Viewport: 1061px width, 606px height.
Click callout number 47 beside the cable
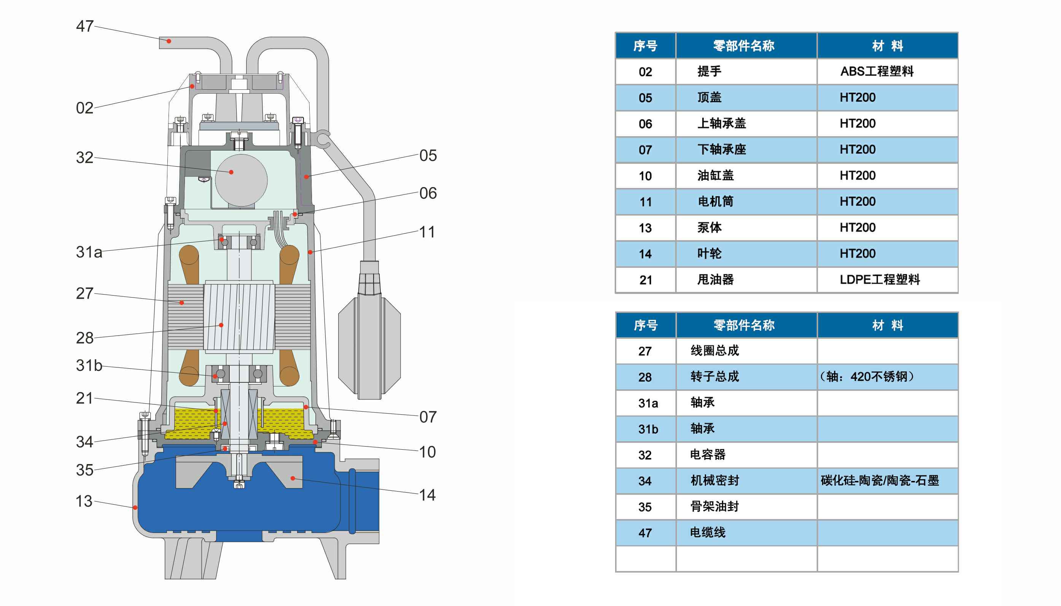pyautogui.click(x=84, y=26)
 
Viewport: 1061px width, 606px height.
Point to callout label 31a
pyautogui.click(x=89, y=252)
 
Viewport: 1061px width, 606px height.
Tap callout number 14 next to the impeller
pyautogui.click(x=427, y=495)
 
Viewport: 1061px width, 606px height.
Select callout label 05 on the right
pyautogui.click(x=428, y=156)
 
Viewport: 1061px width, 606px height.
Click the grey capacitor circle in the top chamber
pyautogui.click(x=241, y=180)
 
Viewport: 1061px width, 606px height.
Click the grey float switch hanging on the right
pyautogui.click(x=369, y=345)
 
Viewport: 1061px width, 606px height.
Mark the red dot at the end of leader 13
pyautogui.click(x=135, y=507)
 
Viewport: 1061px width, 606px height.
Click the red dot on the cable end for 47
pyautogui.click(x=169, y=41)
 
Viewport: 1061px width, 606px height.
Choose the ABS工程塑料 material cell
pyautogui.click(x=876, y=72)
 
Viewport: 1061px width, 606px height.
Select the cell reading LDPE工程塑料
pyautogui.click(x=880, y=280)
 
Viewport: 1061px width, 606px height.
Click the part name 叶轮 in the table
pyautogui.click(x=709, y=253)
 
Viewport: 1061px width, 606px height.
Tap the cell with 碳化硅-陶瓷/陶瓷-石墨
pyautogui.click(x=880, y=481)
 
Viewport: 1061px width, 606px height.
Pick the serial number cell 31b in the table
pyautogui.click(x=648, y=429)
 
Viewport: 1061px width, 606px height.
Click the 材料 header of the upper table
pyautogui.click(x=887, y=46)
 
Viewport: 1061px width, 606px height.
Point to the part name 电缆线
pyautogui.click(x=708, y=532)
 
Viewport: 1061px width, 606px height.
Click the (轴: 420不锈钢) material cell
pyautogui.click(x=867, y=377)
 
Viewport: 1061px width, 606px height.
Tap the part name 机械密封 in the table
pyautogui.click(x=714, y=481)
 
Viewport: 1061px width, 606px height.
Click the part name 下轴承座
pyautogui.click(x=722, y=150)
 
